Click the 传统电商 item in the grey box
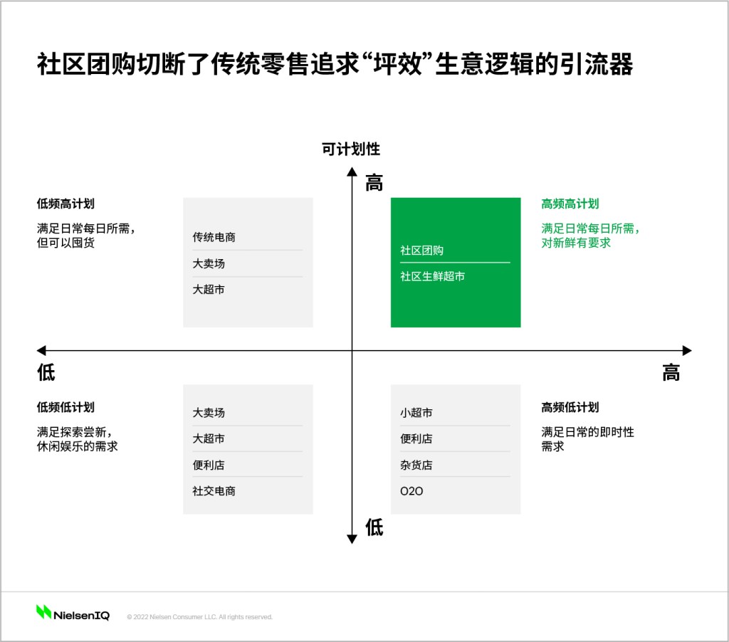[x=214, y=237]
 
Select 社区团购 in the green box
[x=421, y=251]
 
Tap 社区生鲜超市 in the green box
[x=432, y=276]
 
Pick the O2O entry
[x=411, y=491]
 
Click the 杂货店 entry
[x=416, y=465]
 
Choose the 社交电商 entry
[x=214, y=491]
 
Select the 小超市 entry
[x=416, y=412]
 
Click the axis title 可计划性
[x=351, y=149]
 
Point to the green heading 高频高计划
[x=570, y=204]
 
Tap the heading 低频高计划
[x=65, y=204]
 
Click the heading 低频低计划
[x=65, y=407]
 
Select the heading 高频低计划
[x=570, y=407]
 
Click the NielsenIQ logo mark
[x=43, y=612]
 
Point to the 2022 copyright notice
[x=199, y=617]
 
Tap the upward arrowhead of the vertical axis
[x=352, y=172]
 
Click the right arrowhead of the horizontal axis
[x=687, y=350]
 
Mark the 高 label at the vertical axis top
[x=374, y=183]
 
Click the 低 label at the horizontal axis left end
[x=46, y=372]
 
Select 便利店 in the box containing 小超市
[x=416, y=438]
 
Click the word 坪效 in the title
[x=397, y=63]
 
